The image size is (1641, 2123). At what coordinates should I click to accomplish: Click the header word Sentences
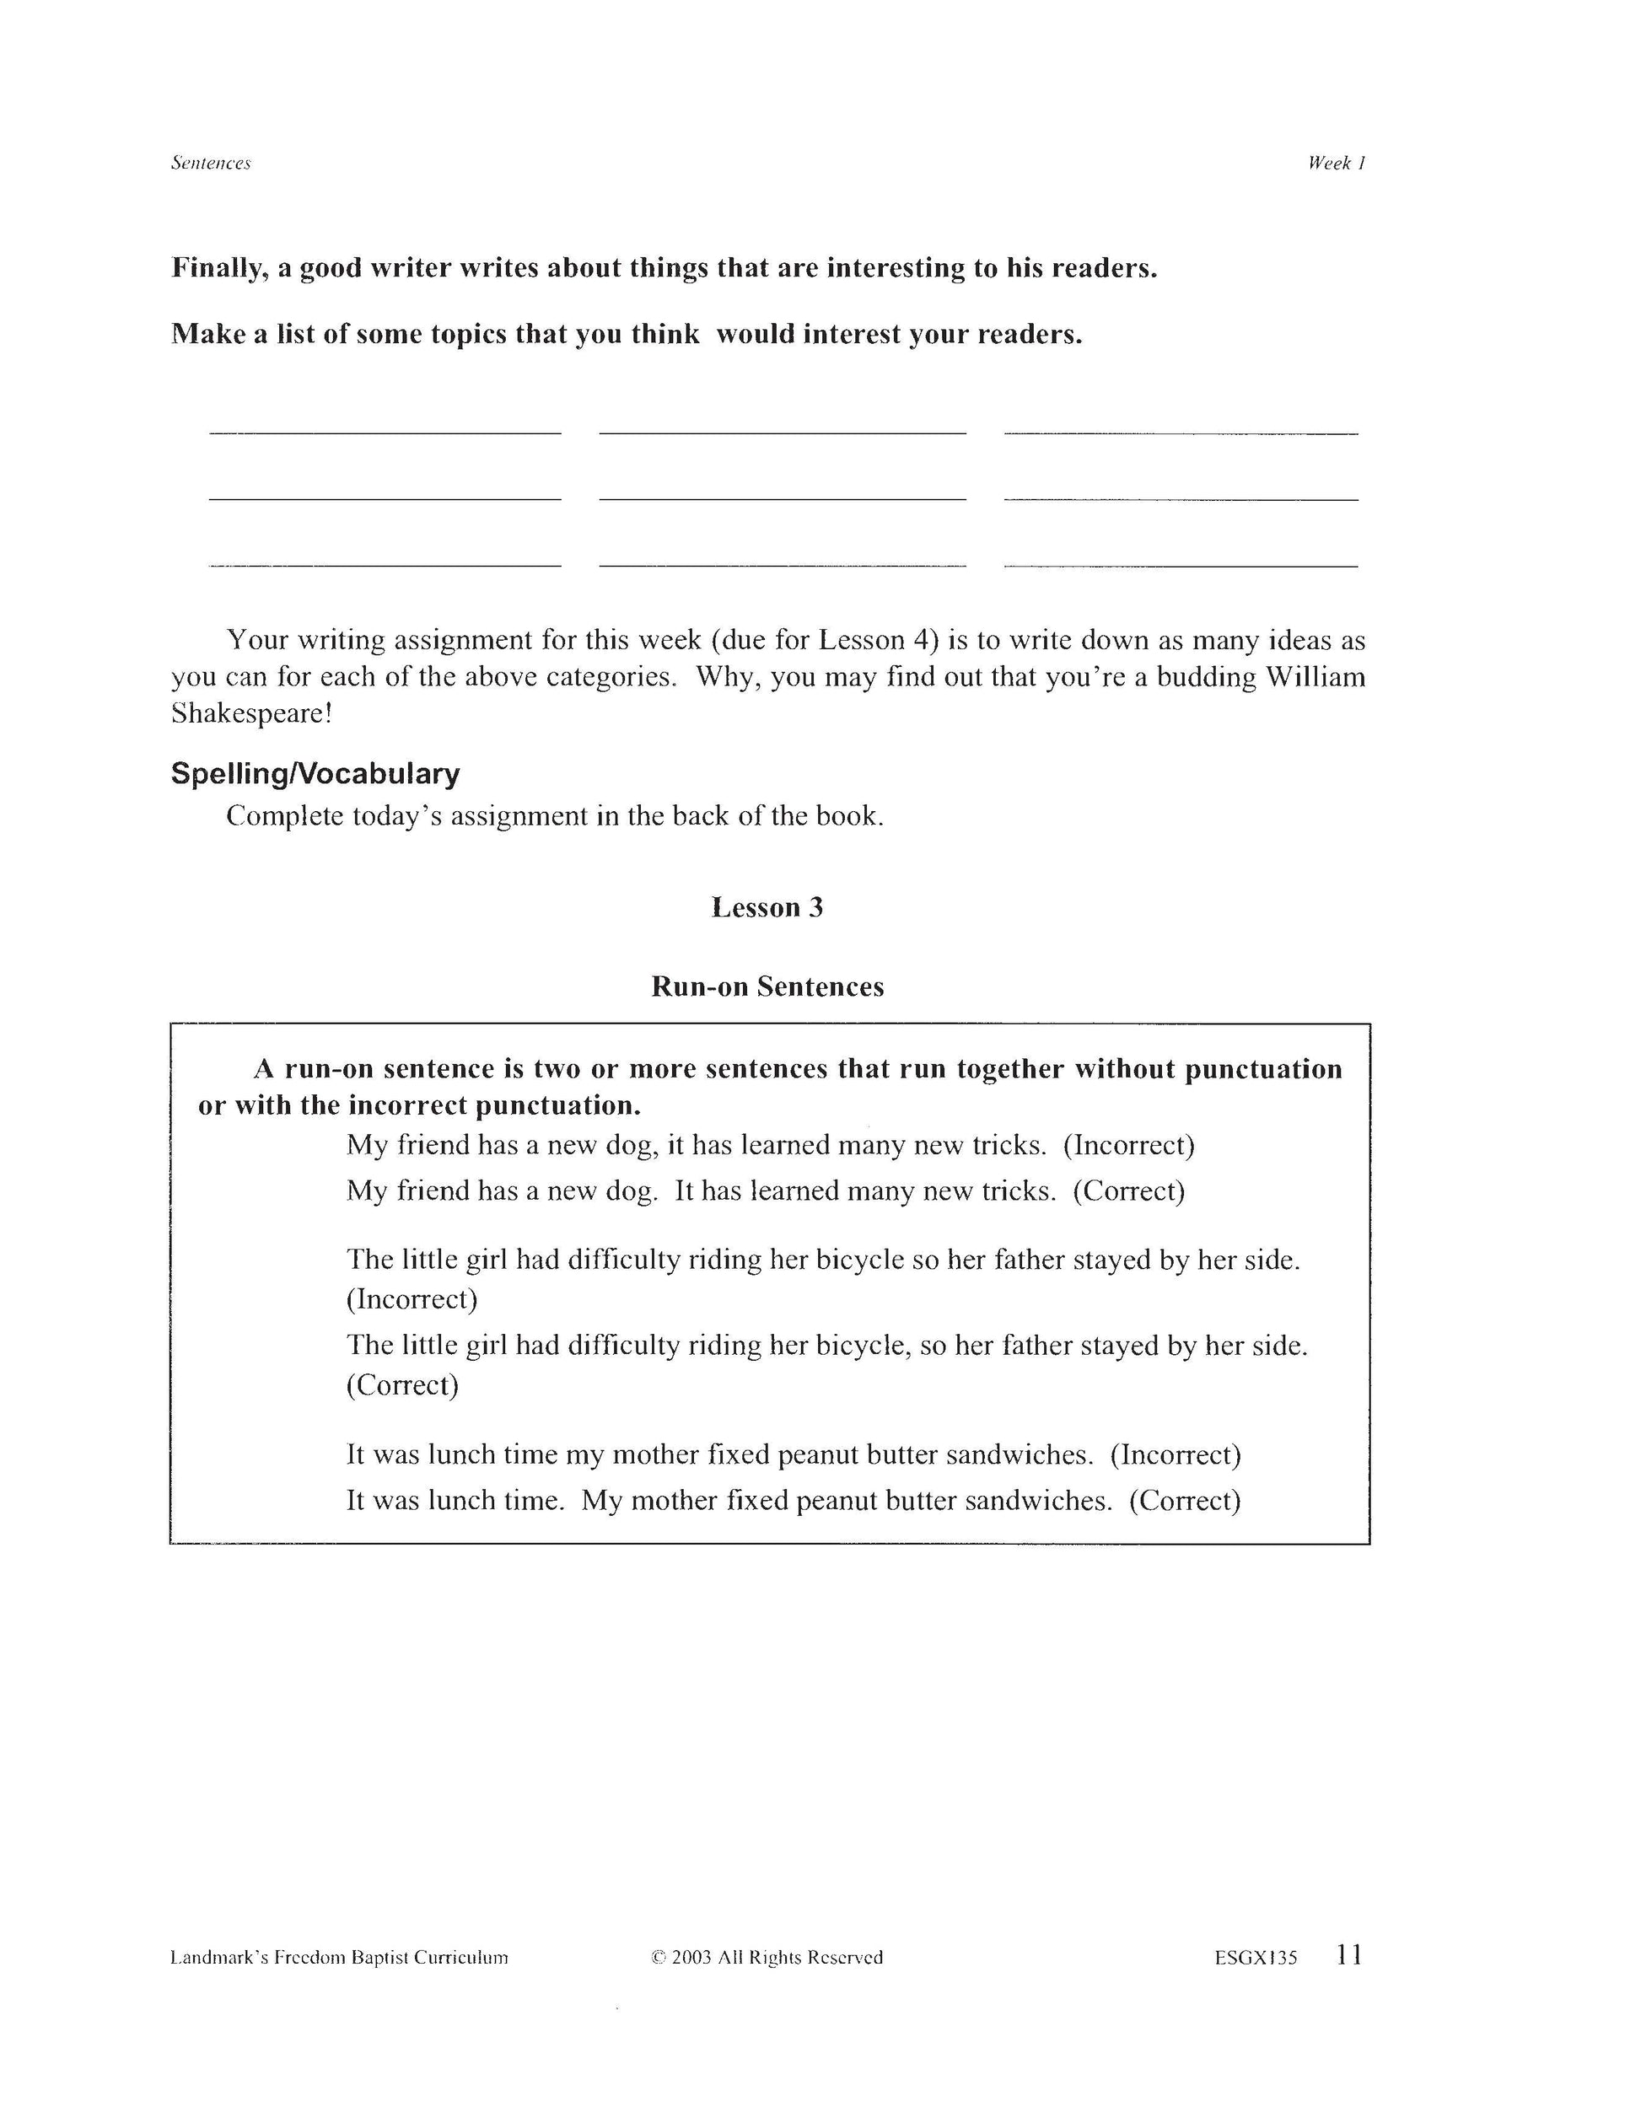(211, 164)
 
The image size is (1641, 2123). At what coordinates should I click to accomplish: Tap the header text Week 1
(1337, 164)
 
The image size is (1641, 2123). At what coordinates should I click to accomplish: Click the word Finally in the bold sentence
(220, 268)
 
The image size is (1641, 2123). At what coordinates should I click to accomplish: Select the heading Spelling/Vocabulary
(315, 774)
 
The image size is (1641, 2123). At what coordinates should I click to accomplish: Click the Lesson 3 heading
(767, 908)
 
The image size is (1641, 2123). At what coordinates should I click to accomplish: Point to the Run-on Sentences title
(767, 986)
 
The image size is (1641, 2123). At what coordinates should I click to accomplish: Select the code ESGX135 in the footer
(1255, 1958)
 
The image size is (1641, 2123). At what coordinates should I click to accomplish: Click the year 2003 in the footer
(692, 1958)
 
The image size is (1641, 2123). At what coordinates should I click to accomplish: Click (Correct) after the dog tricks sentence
(1128, 1190)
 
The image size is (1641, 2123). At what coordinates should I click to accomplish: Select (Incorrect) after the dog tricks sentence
(1128, 1145)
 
